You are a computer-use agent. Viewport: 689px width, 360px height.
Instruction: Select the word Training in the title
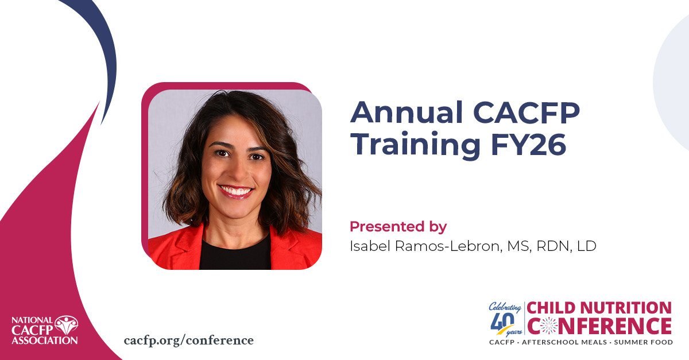pyautogui.click(x=417, y=146)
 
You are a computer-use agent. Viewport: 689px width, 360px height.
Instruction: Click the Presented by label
pyautogui.click(x=398, y=227)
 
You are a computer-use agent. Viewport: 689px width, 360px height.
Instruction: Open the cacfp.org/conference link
pyautogui.click(x=188, y=340)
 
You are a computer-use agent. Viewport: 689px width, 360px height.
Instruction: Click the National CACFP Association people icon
pyautogui.click(x=67, y=325)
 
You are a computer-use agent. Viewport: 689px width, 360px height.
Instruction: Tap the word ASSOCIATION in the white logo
pyautogui.click(x=45, y=340)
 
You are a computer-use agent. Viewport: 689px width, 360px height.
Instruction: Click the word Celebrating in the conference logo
pyautogui.click(x=505, y=307)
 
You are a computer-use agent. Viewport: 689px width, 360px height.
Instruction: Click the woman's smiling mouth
pyautogui.click(x=235, y=191)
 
